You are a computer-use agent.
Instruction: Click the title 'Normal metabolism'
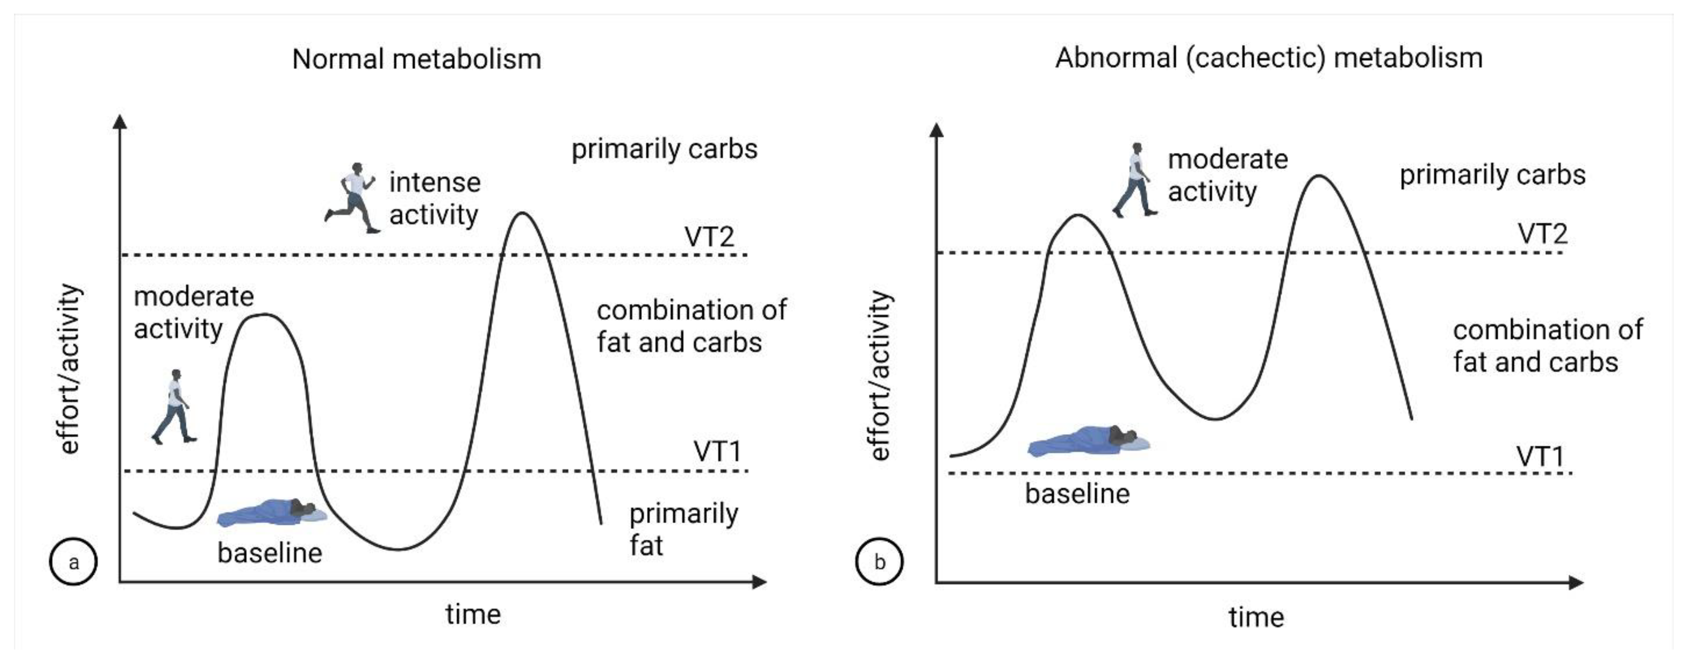(416, 60)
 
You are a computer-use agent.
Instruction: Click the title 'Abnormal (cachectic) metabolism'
(1269, 58)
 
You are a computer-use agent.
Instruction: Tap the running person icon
(352, 198)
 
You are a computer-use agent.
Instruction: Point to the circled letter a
(73, 561)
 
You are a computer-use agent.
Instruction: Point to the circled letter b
(879, 561)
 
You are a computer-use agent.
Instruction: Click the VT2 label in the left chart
(709, 237)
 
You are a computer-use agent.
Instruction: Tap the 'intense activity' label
(434, 198)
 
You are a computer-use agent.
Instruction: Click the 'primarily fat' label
(683, 529)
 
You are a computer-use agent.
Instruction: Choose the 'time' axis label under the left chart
(473, 615)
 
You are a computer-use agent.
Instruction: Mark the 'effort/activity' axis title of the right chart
(879, 375)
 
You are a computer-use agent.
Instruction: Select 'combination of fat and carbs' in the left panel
(691, 326)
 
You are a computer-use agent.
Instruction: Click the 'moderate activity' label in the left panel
(193, 312)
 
